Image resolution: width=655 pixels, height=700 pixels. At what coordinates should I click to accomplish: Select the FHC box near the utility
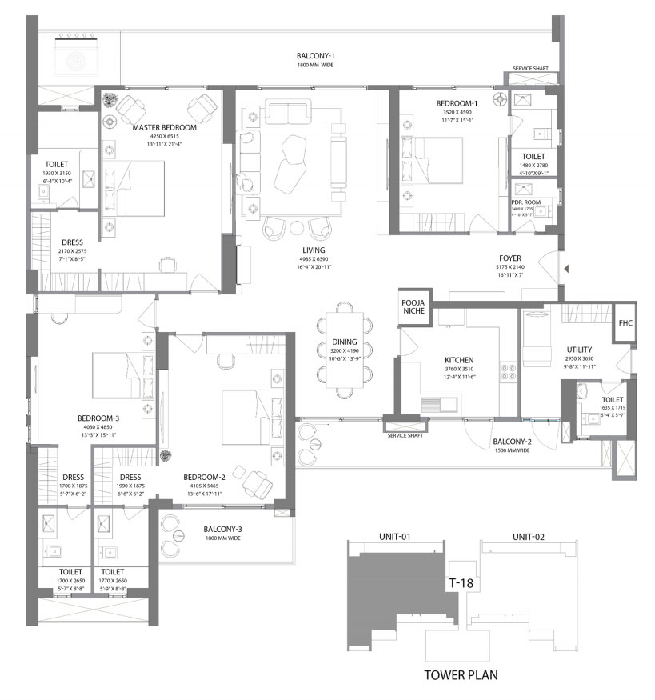(x=625, y=323)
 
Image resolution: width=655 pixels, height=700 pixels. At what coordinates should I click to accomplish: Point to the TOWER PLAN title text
(x=460, y=674)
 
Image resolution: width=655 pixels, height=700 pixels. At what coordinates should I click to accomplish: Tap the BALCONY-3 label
(x=223, y=529)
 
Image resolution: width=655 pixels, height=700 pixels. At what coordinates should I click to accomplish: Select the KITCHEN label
(x=461, y=361)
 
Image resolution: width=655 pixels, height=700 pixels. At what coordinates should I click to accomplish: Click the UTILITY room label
(x=579, y=350)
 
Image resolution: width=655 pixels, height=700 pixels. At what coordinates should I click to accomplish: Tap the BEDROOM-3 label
(x=98, y=418)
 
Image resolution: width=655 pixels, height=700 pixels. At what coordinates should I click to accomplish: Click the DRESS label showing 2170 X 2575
(x=72, y=242)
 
